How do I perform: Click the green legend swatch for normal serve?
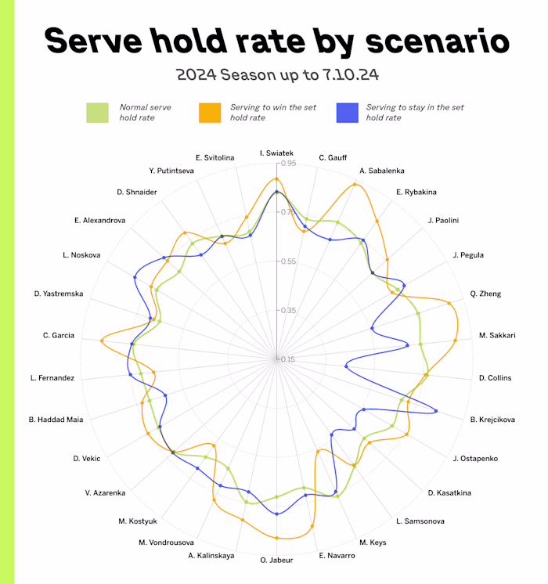[x=98, y=112]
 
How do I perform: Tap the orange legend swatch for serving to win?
[x=210, y=112]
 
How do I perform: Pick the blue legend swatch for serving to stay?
[x=345, y=112]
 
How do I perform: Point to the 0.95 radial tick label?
[x=287, y=164]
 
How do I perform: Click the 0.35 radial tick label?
[x=287, y=311]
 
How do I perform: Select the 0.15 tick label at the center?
[x=287, y=359]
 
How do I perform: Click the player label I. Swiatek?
[x=276, y=153]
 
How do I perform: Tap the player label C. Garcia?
[x=59, y=335]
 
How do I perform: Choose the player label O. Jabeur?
[x=276, y=560]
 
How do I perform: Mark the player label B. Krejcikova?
[x=492, y=420]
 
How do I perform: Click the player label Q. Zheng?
[x=485, y=294]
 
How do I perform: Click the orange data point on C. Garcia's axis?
[x=102, y=341]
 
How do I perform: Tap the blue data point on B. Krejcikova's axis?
[x=436, y=411]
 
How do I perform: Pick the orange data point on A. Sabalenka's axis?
[x=355, y=185]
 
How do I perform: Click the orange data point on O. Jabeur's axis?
[x=276, y=538]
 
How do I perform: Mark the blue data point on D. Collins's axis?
[x=346, y=366]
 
